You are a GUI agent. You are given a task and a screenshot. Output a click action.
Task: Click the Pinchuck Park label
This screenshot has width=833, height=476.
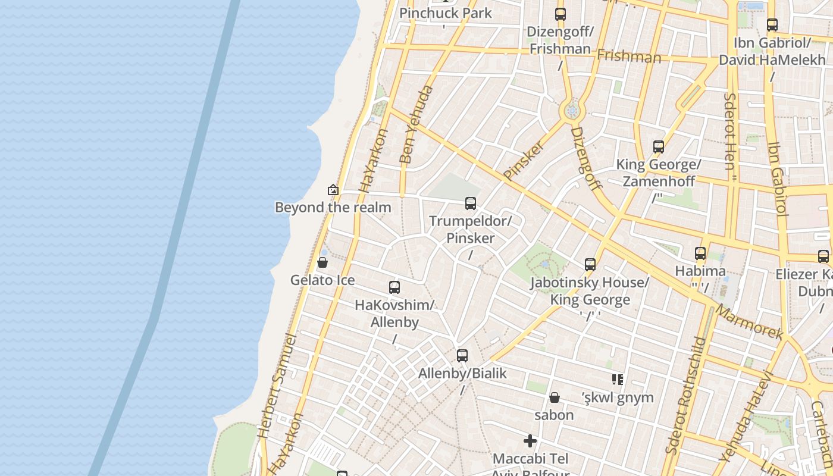(x=446, y=13)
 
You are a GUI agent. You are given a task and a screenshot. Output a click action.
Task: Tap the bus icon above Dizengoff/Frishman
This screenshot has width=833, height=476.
(x=560, y=14)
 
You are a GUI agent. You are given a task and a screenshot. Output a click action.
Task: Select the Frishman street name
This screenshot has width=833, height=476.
(x=629, y=57)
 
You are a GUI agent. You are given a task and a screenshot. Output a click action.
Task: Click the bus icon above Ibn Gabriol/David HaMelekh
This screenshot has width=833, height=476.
(x=772, y=25)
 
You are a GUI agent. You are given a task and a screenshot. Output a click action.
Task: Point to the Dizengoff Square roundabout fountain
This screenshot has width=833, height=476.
(x=572, y=110)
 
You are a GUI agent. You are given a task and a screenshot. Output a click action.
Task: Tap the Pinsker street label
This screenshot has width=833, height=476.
(x=524, y=159)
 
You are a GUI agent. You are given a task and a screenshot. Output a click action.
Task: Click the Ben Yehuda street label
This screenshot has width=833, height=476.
(x=416, y=124)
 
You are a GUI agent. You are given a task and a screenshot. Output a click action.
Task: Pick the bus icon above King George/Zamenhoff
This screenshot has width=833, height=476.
(x=659, y=147)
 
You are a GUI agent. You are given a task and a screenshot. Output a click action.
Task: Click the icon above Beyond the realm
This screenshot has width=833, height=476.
(x=333, y=190)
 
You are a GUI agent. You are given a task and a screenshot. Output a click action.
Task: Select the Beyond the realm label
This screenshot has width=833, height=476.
(x=333, y=207)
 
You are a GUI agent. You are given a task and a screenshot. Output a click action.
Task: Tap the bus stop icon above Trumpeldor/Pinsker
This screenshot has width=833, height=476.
(x=471, y=203)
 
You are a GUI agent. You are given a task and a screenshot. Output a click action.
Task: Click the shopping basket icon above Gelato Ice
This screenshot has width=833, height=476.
(x=322, y=262)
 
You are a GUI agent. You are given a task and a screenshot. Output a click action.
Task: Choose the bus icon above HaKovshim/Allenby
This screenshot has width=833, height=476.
(x=394, y=287)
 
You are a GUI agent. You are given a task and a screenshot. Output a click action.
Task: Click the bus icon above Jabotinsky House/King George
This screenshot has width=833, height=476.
(x=590, y=265)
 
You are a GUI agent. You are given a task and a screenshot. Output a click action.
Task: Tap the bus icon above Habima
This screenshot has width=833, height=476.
(x=700, y=253)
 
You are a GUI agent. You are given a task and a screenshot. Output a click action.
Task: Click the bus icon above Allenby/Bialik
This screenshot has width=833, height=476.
(x=462, y=356)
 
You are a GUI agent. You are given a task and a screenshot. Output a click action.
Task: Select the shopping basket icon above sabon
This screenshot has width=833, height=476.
(x=555, y=397)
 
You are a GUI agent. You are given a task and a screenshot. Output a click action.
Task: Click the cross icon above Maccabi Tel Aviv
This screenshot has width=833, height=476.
(x=530, y=441)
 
